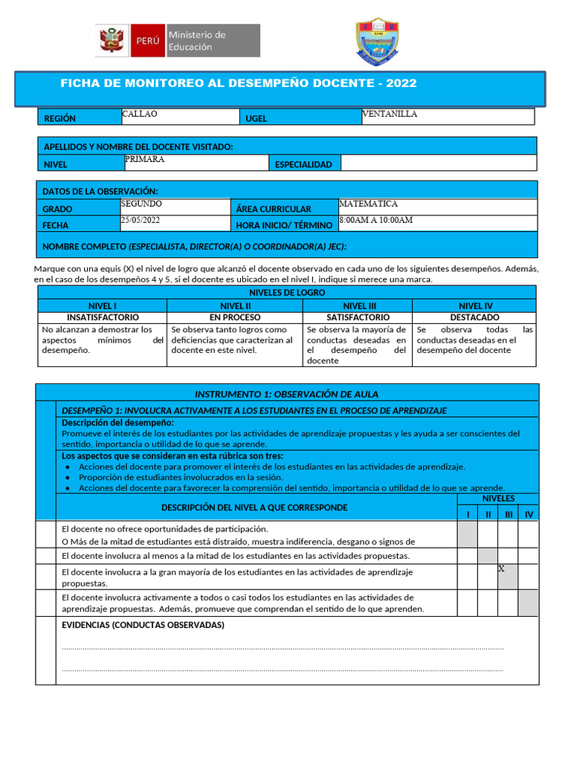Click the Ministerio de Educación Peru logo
click(178, 41)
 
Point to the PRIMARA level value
click(145, 159)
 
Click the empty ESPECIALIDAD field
click(438, 163)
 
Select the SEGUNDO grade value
click(141, 204)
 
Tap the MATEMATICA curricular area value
click(368, 204)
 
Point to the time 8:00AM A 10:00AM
click(375, 221)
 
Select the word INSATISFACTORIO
click(103, 317)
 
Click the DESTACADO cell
click(474, 317)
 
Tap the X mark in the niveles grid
click(501, 569)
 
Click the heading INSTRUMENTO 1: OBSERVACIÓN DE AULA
click(286, 394)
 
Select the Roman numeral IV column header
click(529, 514)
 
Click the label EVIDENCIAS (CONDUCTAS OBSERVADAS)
click(143, 625)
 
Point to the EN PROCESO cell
click(235, 317)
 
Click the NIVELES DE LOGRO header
click(286, 293)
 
